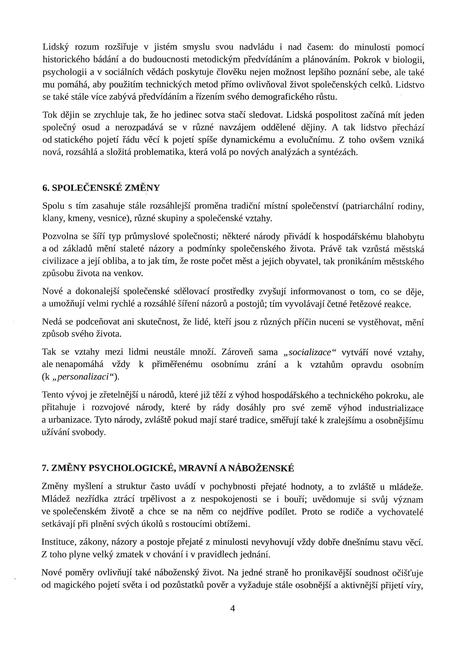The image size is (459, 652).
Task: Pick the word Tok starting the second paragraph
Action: coord(50,115)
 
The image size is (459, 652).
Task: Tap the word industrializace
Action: coord(396,408)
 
